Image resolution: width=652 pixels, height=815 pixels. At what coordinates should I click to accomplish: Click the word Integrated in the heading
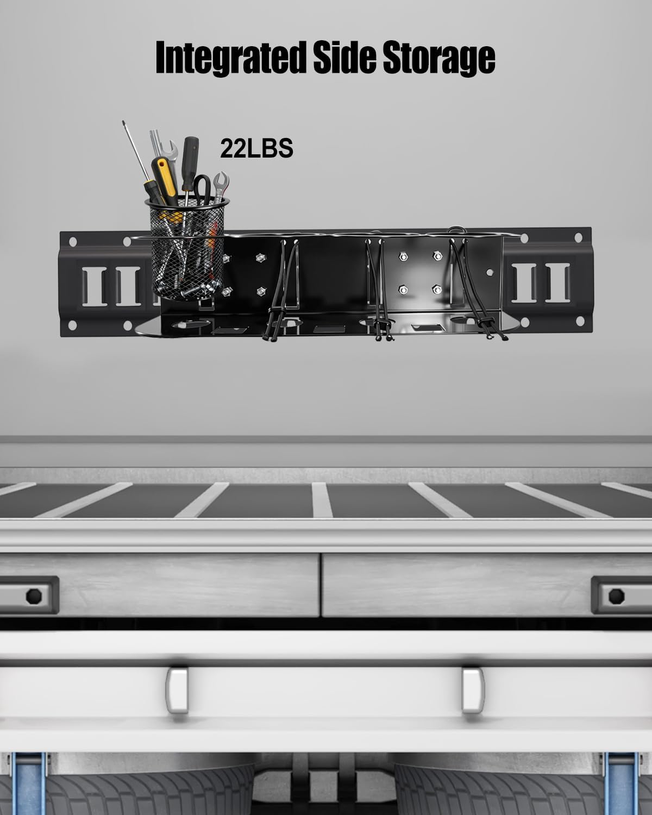[231, 58]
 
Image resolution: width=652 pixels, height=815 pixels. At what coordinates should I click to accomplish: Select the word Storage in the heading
[439, 59]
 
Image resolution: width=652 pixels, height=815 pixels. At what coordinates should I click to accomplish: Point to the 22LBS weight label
[256, 148]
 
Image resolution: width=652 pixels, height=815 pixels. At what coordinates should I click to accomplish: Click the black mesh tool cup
[187, 249]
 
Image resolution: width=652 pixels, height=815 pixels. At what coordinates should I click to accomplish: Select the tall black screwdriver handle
[190, 163]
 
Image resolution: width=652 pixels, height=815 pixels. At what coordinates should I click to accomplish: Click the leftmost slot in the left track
[94, 286]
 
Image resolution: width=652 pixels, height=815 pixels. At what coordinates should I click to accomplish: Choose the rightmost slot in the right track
[557, 283]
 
